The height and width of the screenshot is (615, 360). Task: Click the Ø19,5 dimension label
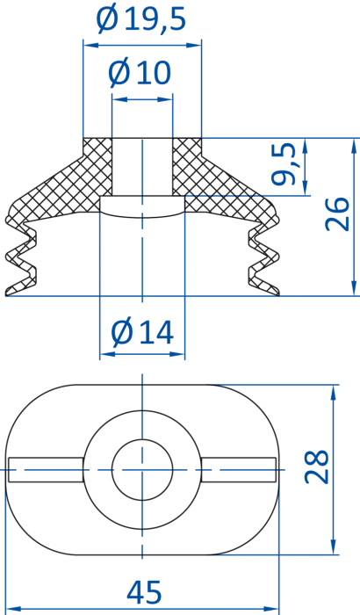click(141, 19)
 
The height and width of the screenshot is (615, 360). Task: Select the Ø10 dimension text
click(140, 73)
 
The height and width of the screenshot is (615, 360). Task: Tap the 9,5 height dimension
click(283, 164)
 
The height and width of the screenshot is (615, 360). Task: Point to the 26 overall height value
click(337, 214)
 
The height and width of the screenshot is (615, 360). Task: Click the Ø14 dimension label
click(142, 332)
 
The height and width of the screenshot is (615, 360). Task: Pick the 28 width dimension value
click(316, 467)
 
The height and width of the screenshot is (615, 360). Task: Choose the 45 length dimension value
click(144, 592)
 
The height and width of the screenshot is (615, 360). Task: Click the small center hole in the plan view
click(142, 469)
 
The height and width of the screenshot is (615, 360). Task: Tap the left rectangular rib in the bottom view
click(46, 469)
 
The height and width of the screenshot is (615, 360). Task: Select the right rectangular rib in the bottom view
click(239, 469)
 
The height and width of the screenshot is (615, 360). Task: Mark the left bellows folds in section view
click(21, 257)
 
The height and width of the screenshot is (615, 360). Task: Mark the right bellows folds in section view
click(264, 257)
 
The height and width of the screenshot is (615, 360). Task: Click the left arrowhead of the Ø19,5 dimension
click(90, 45)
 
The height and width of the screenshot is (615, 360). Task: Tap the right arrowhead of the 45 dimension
click(271, 610)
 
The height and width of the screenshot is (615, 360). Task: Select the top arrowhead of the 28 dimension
click(334, 392)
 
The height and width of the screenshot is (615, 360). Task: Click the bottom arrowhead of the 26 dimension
click(354, 288)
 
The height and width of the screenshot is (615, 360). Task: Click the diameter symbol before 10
click(119, 73)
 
